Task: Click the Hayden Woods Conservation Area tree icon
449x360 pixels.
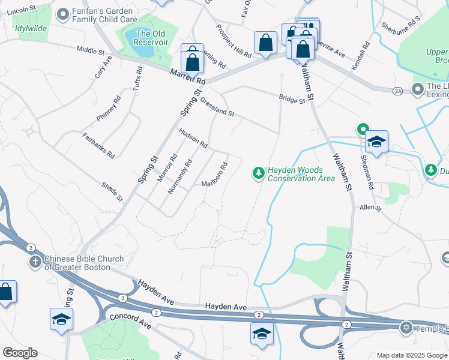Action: pyautogui.click(x=259, y=173)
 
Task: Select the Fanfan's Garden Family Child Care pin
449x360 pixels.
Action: pyautogui.click(x=62, y=13)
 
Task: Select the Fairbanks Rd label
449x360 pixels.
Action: pyautogui.click(x=98, y=145)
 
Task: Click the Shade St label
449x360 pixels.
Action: pyautogui.click(x=112, y=192)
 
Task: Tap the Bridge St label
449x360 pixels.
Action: pyautogui.click(x=292, y=100)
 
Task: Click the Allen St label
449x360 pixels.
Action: pyautogui.click(x=370, y=208)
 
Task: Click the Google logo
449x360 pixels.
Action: pyautogui.click(x=20, y=353)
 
